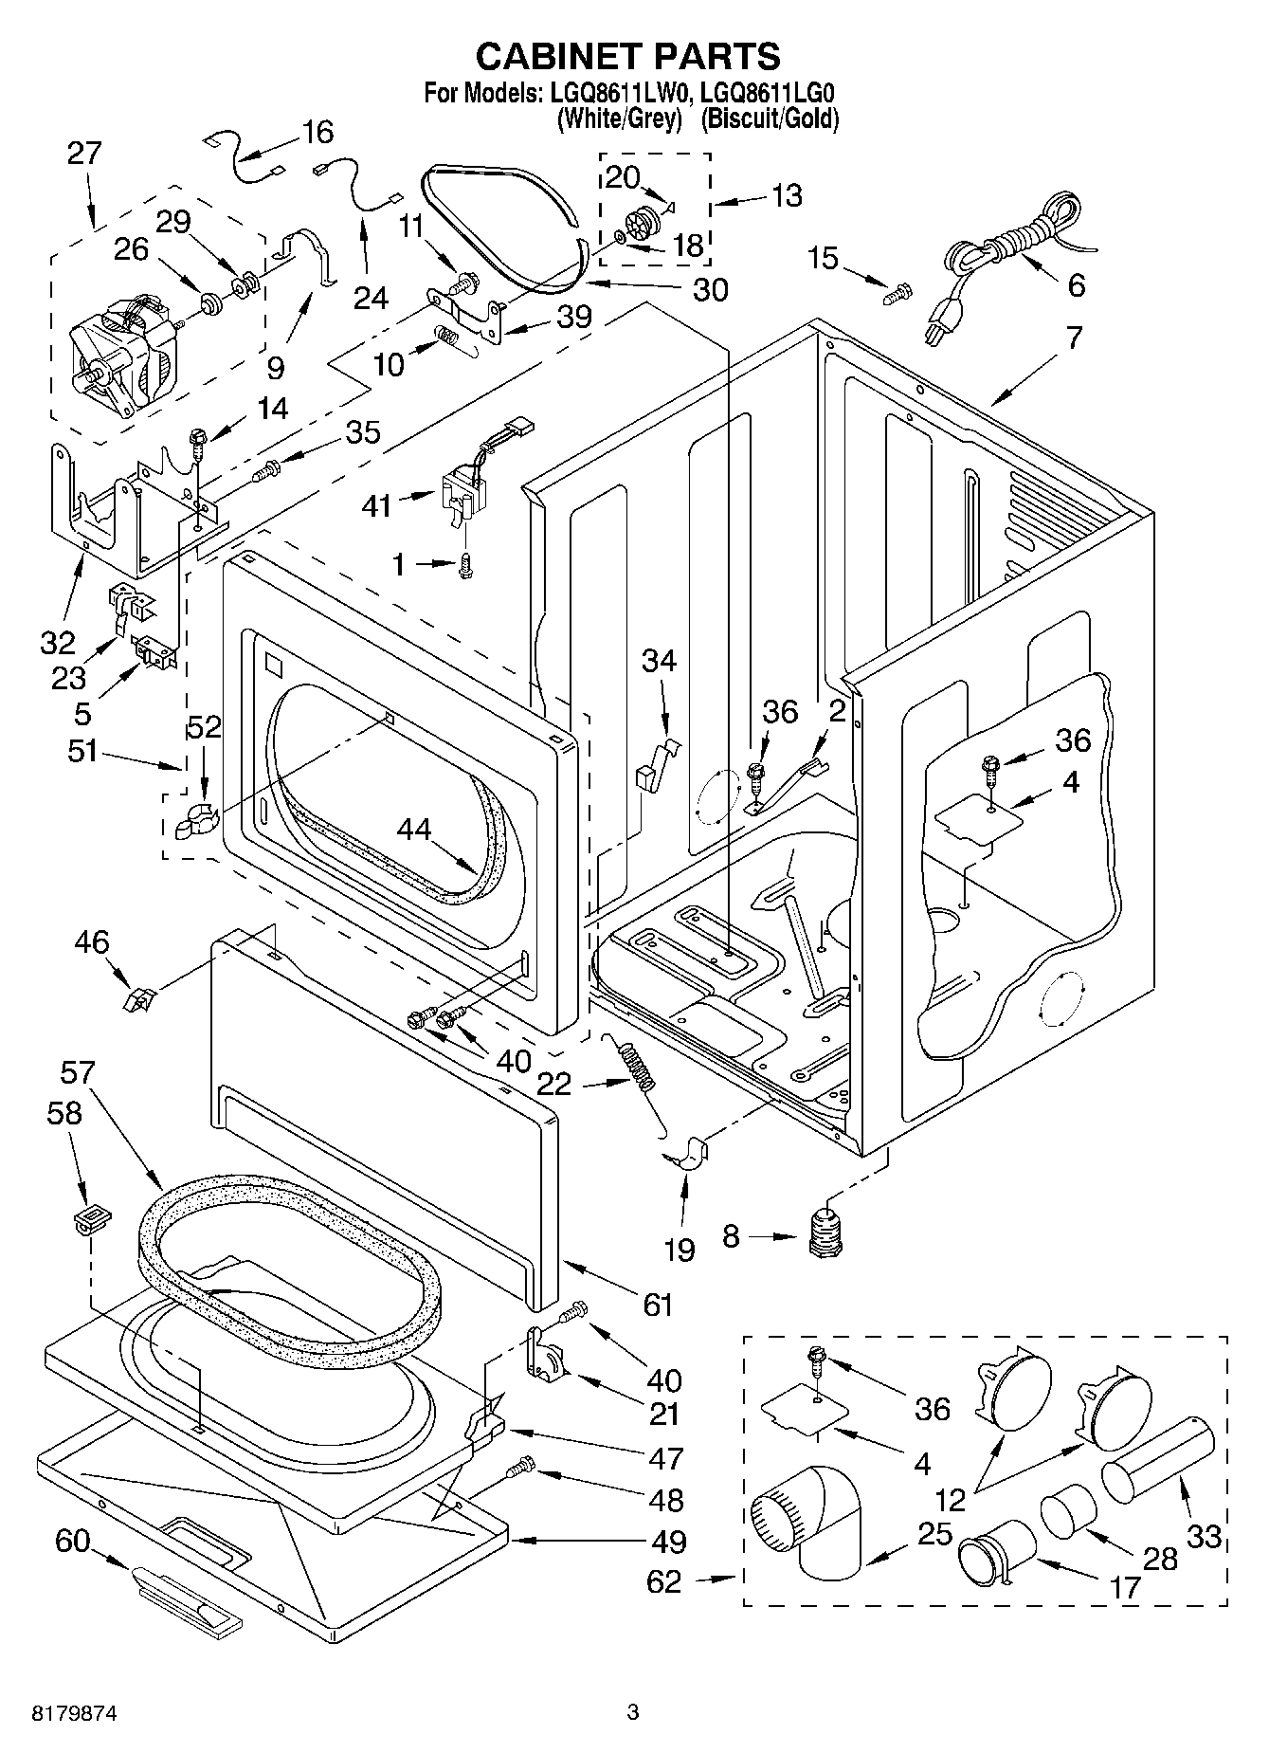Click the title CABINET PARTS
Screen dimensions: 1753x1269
pyautogui.click(x=627, y=57)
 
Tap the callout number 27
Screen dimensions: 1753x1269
pyautogui.click(x=84, y=154)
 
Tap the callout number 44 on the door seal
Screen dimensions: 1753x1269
pyautogui.click(x=414, y=830)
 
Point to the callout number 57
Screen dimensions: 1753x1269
pyautogui.click(x=77, y=1072)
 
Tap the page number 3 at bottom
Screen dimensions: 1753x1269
pyautogui.click(x=632, y=1712)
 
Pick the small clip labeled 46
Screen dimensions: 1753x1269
pyautogui.click(x=138, y=997)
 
